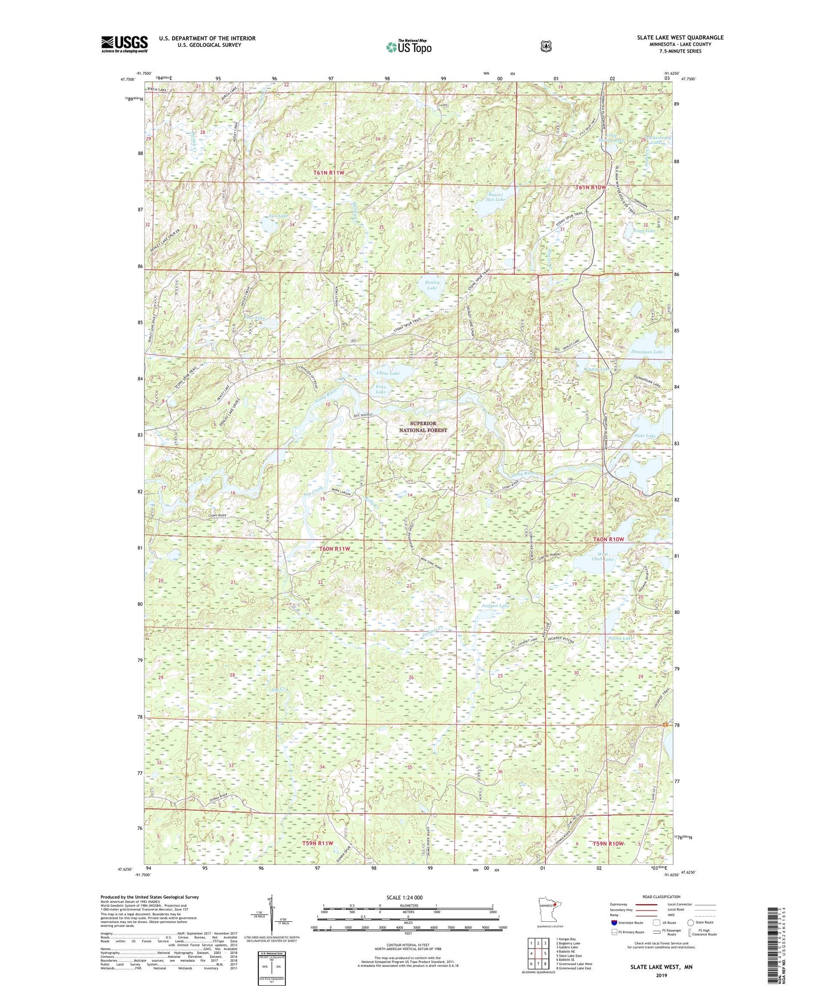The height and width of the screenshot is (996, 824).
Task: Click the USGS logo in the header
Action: pyautogui.click(x=124, y=44)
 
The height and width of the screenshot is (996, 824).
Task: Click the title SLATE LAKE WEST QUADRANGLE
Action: pyautogui.click(x=680, y=38)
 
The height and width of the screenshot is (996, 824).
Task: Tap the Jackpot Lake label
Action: pyautogui.click(x=495, y=605)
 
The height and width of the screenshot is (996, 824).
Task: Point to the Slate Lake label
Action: pyautogui.click(x=645, y=436)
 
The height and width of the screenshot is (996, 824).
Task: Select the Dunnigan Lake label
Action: pyautogui.click(x=647, y=352)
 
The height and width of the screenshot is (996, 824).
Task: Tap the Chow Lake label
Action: pyautogui.click(x=388, y=373)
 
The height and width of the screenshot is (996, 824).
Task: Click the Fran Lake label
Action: pyautogui.click(x=380, y=389)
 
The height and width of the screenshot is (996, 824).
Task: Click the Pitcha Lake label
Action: pyautogui.click(x=619, y=638)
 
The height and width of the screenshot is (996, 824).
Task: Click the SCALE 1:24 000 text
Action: pyautogui.click(x=404, y=897)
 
